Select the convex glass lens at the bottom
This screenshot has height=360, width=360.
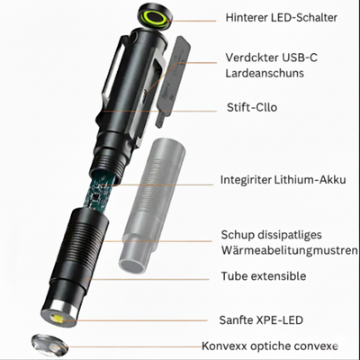51,345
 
